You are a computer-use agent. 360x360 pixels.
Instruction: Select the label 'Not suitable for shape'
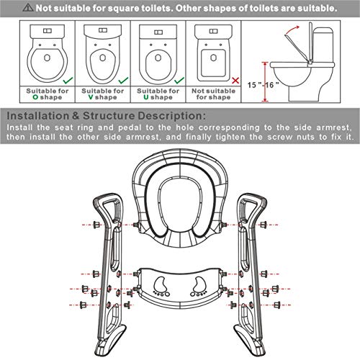212,95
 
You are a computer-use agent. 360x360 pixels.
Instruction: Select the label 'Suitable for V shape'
100,95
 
